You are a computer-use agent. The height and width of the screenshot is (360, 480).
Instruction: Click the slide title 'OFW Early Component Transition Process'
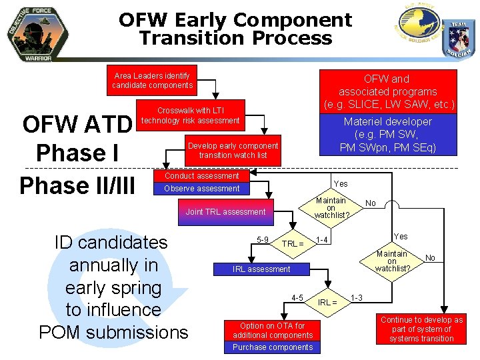[235, 29]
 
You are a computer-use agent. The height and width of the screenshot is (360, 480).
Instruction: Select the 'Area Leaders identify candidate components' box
[152, 81]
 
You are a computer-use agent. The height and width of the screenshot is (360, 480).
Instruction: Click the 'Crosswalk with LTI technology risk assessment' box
[190, 115]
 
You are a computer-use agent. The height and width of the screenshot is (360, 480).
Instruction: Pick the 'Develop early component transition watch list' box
[233, 151]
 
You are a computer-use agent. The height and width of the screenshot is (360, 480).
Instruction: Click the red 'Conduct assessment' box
[201, 176]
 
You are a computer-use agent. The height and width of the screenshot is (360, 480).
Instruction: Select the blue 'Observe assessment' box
[201, 189]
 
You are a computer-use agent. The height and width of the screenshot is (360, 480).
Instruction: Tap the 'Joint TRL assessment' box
[225, 212]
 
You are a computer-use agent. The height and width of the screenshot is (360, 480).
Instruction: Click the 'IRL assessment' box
[261, 269]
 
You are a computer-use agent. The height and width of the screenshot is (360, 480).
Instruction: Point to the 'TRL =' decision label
[292, 244]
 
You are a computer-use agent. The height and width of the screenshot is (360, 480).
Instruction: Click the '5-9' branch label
[263, 240]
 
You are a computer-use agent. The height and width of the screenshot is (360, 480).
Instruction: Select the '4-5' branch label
[297, 297]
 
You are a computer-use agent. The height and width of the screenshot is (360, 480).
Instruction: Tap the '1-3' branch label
[357, 297]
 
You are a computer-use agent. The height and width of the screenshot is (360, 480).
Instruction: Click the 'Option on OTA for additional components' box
[273, 331]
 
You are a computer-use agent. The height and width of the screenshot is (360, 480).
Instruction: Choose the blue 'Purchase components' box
[273, 347]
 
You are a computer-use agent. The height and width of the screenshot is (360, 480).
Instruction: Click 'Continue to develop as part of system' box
[422, 329]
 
